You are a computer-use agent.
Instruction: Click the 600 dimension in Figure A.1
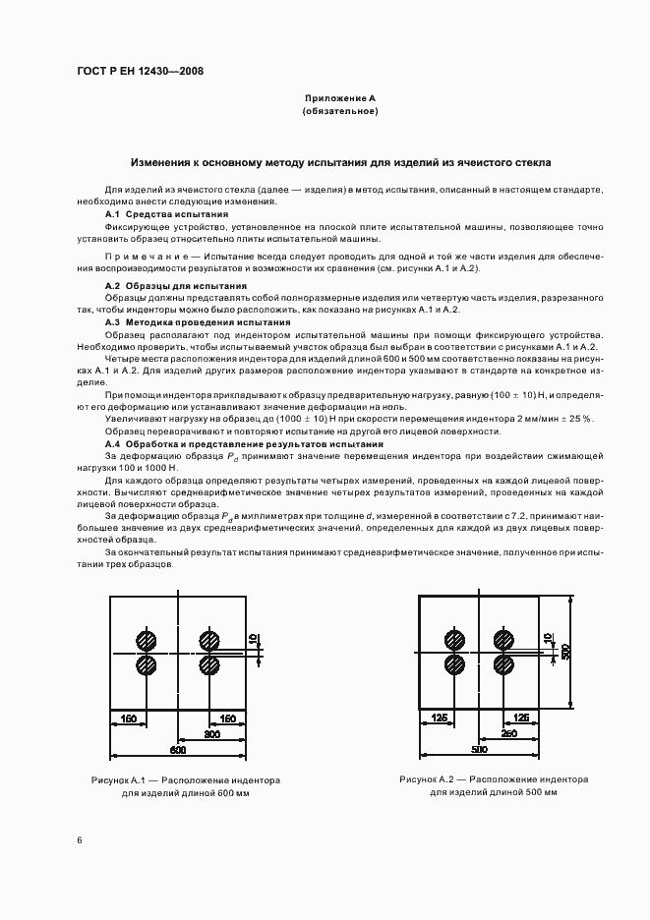pos(178,750)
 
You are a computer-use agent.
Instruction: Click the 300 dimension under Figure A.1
pos(211,733)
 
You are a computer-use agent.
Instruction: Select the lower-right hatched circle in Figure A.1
pos(208,665)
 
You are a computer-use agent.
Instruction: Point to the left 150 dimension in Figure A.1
pos(128,719)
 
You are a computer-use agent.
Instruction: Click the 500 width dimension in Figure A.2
pos(479,750)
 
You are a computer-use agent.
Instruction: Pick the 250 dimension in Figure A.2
pos(509,733)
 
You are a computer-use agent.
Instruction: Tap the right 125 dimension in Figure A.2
pos(522,719)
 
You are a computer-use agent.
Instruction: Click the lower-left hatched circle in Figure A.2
pos(455,665)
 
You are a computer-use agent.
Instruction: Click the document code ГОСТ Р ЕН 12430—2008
pos(140,72)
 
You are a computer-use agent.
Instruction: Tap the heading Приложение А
pos(339,98)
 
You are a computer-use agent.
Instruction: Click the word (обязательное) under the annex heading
pos(340,112)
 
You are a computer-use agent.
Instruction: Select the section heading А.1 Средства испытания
pos(166,213)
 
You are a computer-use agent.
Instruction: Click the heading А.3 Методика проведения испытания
pos(198,321)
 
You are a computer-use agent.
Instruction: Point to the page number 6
pos(80,839)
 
